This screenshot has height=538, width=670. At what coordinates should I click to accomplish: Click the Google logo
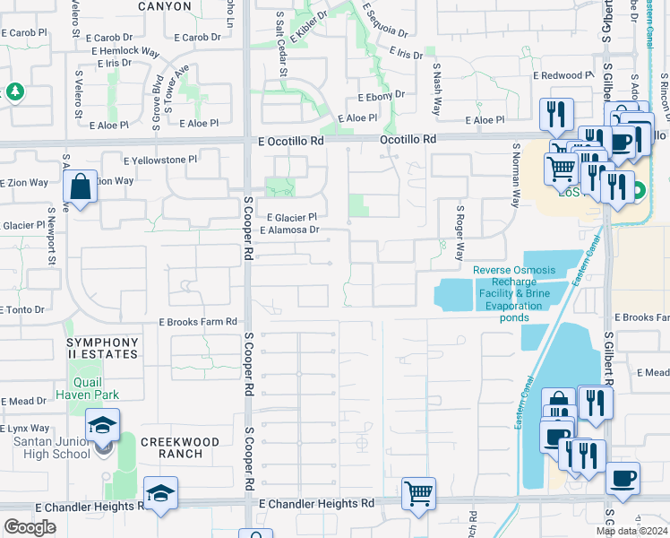coord(30,527)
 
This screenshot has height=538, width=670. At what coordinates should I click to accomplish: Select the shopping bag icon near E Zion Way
coord(80,188)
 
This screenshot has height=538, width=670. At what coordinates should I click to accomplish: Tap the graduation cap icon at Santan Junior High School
coord(103,424)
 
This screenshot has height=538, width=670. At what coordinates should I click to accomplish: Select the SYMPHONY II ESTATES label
coord(101,348)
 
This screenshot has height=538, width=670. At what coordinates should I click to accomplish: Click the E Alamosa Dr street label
coord(289,230)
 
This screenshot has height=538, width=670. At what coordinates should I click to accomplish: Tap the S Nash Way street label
coord(437,90)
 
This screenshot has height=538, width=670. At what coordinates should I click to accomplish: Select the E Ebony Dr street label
coord(381,96)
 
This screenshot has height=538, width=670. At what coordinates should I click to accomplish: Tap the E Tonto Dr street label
coord(22,309)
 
